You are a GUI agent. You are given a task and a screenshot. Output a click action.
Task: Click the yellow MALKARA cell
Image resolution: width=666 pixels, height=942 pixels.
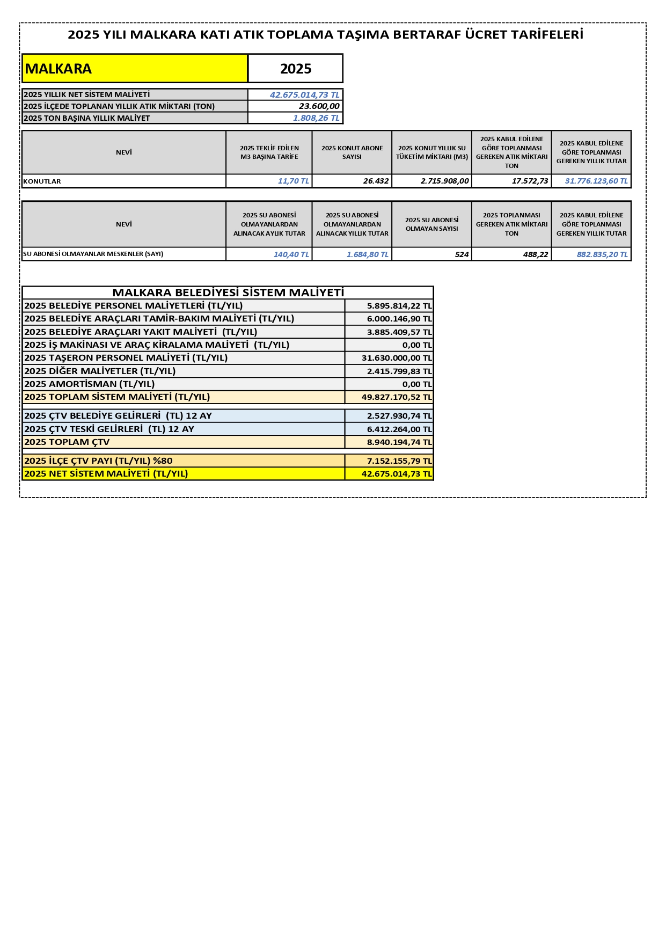coord(134,69)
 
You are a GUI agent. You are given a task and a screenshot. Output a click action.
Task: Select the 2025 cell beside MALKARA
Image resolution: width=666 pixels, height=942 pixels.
coord(295,69)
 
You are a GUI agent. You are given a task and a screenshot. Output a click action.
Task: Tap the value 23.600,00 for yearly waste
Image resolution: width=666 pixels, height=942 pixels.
coord(319,106)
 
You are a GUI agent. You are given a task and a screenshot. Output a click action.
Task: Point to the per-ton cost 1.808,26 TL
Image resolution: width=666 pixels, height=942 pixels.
coord(316,118)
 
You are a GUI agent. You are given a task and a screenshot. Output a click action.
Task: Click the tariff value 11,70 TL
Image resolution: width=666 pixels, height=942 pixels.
coord(293,181)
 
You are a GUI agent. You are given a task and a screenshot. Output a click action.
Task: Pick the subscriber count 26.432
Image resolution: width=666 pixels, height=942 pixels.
coord(376,181)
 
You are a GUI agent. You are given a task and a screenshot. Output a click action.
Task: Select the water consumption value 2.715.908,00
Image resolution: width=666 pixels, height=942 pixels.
coord(444,181)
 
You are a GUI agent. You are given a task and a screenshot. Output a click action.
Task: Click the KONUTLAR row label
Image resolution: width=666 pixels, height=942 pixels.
coord(42,181)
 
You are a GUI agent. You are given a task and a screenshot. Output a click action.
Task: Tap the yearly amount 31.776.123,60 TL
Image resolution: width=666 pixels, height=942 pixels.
coord(596,181)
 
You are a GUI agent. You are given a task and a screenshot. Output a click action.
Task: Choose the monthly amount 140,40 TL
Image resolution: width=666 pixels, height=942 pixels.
coord(291,254)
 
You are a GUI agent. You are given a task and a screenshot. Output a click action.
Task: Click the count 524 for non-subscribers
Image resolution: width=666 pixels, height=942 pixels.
coord(462,254)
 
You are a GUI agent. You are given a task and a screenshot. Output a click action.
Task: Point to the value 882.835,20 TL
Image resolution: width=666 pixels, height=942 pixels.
coord(602,254)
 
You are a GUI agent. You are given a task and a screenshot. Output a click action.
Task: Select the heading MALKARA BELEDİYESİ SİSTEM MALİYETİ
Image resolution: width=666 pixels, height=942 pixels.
coord(228,293)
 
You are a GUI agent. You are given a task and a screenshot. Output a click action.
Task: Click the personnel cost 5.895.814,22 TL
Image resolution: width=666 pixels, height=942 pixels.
coord(399,306)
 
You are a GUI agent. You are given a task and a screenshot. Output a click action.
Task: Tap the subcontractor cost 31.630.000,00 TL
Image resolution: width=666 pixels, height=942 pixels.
coord(396,358)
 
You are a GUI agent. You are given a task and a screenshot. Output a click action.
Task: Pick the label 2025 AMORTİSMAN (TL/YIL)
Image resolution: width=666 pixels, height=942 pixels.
coord(90,384)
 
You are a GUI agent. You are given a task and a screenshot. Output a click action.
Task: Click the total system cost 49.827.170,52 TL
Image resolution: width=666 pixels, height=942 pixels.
coord(396,397)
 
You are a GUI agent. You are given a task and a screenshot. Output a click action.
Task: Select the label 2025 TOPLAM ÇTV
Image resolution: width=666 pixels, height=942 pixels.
coord(67,442)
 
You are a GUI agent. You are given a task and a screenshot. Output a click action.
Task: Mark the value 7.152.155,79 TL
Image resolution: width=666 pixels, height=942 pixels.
coord(399,461)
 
